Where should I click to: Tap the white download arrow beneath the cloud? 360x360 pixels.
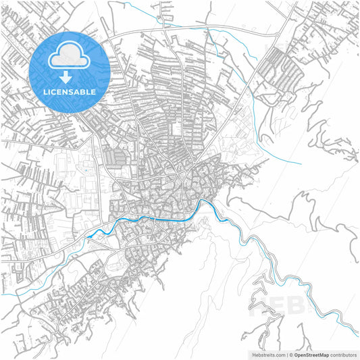(70, 77)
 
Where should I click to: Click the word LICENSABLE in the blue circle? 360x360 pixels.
(70, 92)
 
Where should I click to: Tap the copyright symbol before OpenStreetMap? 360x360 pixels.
(291, 354)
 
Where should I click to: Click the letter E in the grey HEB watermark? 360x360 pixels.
(284, 307)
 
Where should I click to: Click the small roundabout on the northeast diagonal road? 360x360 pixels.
(278, 34)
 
